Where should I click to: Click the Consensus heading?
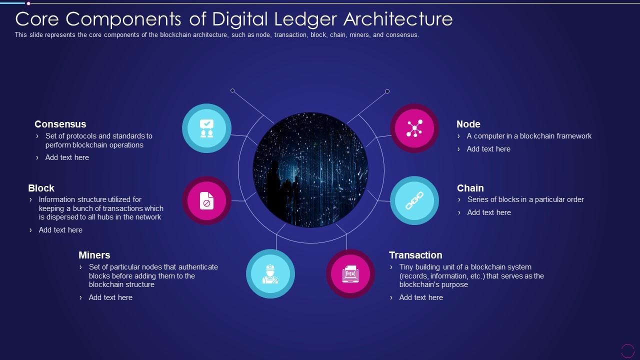(60, 124)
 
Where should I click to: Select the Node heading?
(468, 124)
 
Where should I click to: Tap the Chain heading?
(470, 188)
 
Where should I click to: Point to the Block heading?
(41, 188)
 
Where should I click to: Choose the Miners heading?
(94, 255)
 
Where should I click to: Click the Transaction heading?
(415, 255)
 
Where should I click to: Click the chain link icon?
(414, 200)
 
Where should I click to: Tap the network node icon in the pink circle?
(414, 128)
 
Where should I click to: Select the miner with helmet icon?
(270, 273)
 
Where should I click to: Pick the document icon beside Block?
(206, 200)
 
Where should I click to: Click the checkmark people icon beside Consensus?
(206, 128)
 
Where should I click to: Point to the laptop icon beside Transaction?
(350, 273)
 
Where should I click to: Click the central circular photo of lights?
(310, 170)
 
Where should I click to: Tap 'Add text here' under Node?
(488, 149)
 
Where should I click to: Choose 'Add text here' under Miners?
(110, 297)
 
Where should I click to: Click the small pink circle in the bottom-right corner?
(627, 351)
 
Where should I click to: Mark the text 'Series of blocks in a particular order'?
(525, 199)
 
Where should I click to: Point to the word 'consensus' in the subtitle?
(402, 35)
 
